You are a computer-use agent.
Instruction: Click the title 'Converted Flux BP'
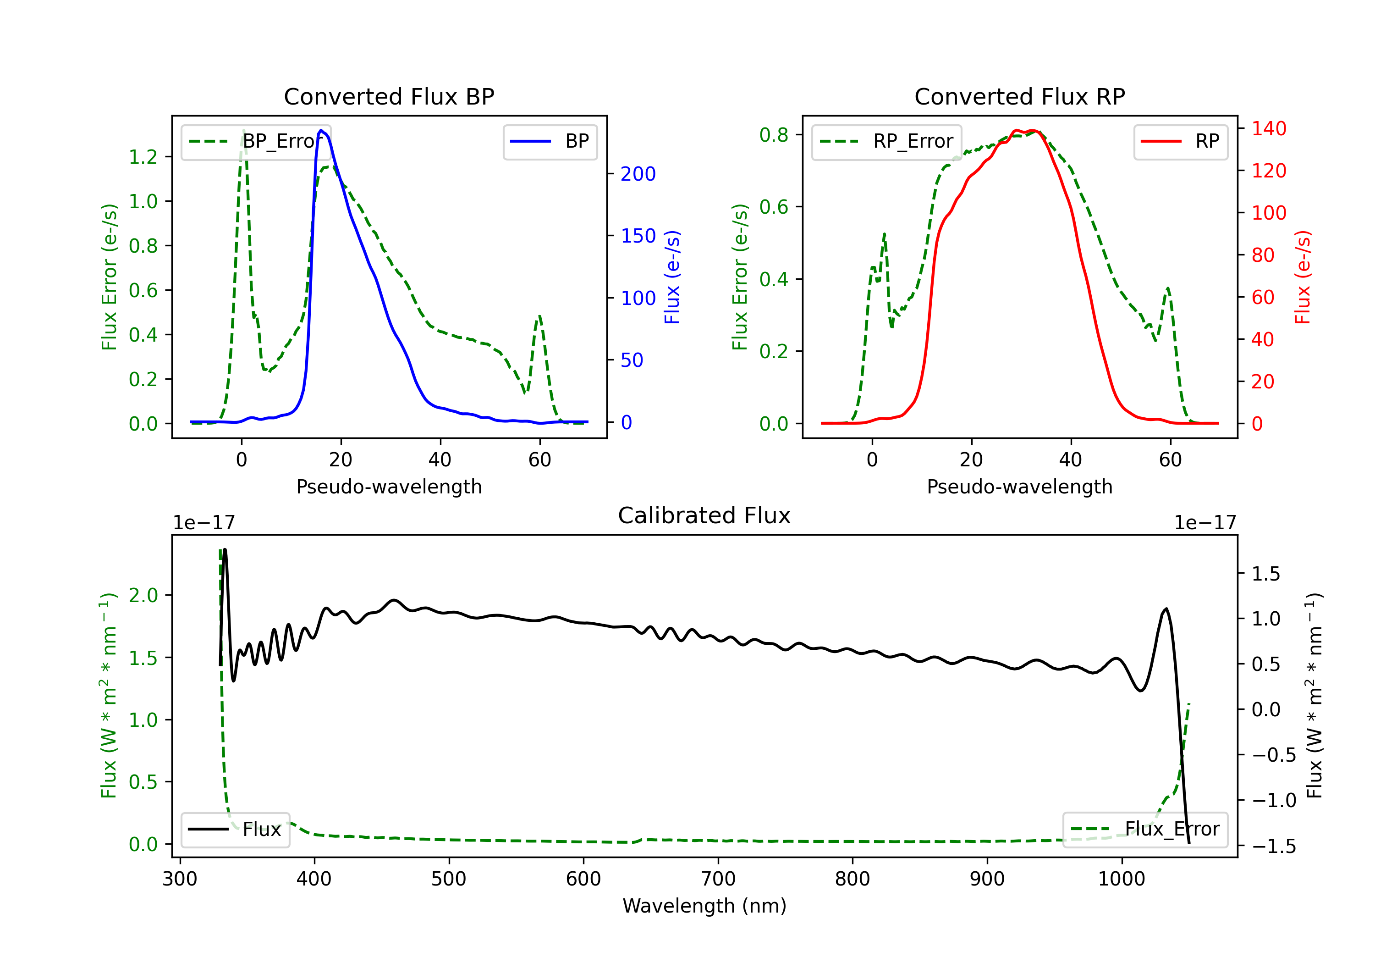click(x=389, y=96)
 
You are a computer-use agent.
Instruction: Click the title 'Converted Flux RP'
click(x=1019, y=96)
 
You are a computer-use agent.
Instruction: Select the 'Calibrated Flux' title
click(x=704, y=515)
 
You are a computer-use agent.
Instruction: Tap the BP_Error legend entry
click(x=256, y=141)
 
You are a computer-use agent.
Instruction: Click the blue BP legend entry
click(x=550, y=141)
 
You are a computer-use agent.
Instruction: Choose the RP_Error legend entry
click(x=886, y=141)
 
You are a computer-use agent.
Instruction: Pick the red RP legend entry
click(x=1180, y=141)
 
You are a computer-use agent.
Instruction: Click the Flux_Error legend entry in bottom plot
click(x=1145, y=830)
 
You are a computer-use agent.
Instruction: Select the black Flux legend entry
click(x=235, y=830)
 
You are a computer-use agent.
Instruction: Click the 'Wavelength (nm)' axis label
click(x=704, y=906)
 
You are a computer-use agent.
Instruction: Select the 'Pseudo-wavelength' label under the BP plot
click(x=389, y=487)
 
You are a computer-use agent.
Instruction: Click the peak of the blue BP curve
click(x=322, y=130)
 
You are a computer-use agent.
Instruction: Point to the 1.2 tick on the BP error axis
click(x=143, y=157)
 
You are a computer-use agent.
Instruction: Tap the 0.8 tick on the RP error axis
click(x=774, y=135)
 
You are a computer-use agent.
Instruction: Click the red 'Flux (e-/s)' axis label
click(x=1303, y=277)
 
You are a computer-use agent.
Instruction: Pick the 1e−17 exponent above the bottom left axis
click(x=203, y=523)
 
